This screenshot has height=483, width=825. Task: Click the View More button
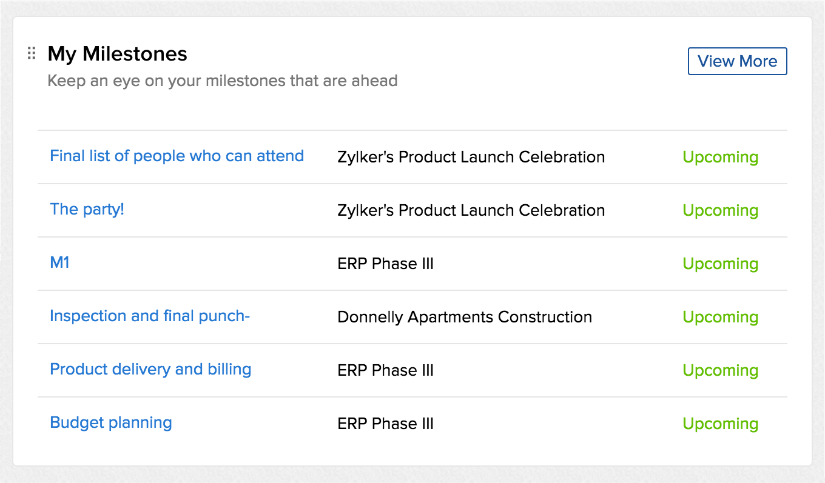[x=738, y=61]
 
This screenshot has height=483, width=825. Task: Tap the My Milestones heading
[x=118, y=54]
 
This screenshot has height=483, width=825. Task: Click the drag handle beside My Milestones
[x=32, y=53]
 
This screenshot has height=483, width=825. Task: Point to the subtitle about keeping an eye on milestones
[x=223, y=81]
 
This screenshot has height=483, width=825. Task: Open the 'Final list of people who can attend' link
[x=177, y=156]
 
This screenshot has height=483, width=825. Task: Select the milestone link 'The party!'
[x=87, y=210]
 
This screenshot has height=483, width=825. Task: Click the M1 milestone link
[x=59, y=262]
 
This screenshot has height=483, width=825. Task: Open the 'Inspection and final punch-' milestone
[x=150, y=316]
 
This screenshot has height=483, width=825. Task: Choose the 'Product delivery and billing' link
[x=150, y=369]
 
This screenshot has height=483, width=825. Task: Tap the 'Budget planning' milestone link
[x=111, y=422]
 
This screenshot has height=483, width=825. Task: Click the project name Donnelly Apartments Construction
[x=465, y=317]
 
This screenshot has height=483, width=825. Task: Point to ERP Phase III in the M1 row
[x=386, y=264]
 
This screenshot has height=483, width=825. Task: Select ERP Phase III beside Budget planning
[x=386, y=424]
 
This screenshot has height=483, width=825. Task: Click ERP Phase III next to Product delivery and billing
[x=386, y=370]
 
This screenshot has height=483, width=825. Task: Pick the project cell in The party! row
[x=471, y=210]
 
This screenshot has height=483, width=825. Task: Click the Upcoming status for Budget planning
[x=721, y=424]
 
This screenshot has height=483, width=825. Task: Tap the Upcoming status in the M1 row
[x=721, y=264]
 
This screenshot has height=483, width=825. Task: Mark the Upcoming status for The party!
[x=721, y=211]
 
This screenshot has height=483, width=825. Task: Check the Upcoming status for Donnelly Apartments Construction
[x=721, y=318]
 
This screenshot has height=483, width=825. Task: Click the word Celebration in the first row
[x=562, y=157]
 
